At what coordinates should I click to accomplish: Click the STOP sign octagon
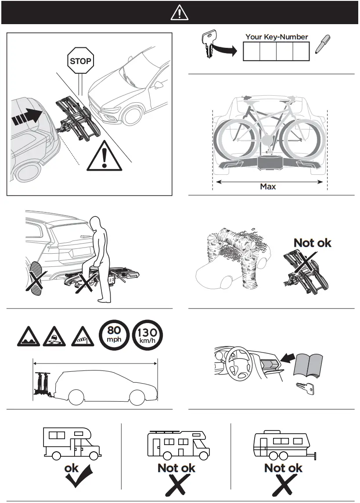point(80,61)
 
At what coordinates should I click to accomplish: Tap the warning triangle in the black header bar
point(179,13)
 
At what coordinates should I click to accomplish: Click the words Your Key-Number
point(277,37)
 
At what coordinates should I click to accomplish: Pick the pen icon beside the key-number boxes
point(323,45)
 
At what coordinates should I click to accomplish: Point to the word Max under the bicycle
point(268,186)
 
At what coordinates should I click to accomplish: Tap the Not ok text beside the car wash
point(312,242)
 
